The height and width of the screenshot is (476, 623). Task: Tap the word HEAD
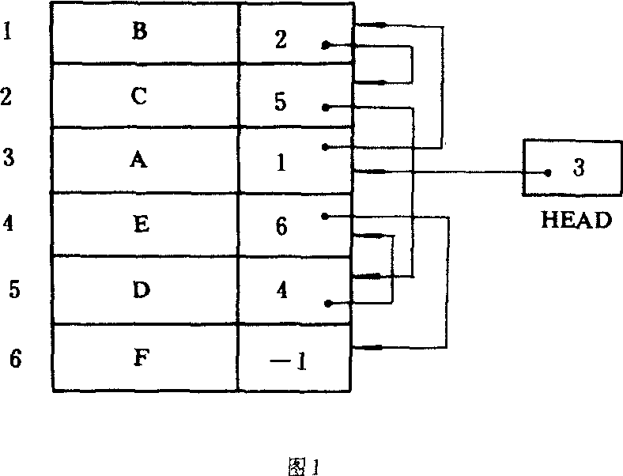coord(576,220)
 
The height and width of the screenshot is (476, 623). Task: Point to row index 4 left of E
coord(9,224)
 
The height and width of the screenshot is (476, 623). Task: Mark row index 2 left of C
coord(6,97)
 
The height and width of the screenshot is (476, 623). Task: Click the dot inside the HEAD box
coord(546,172)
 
